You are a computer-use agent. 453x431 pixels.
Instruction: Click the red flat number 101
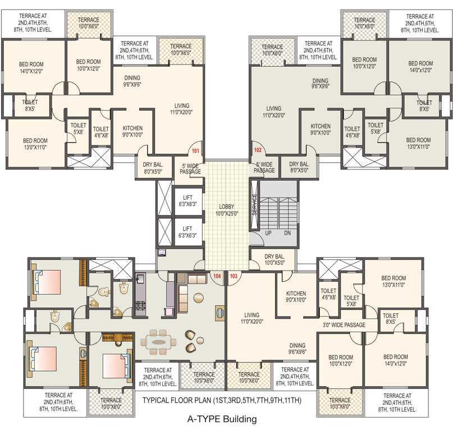(195, 151)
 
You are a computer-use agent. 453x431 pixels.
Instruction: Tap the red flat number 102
(258, 150)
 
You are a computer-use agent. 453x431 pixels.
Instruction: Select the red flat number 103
(234, 276)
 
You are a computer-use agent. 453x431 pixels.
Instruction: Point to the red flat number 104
(217, 276)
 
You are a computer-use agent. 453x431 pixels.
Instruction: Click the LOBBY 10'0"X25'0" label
(227, 210)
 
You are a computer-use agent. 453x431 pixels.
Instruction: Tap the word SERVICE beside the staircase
(254, 204)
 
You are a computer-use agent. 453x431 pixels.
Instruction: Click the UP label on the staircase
(268, 233)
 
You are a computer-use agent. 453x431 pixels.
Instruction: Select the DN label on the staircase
(287, 233)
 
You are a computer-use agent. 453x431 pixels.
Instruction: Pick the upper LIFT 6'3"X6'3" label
(188, 201)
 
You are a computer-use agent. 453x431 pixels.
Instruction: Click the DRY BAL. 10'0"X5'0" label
(274, 260)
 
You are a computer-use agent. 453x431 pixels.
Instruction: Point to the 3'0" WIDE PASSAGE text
(344, 325)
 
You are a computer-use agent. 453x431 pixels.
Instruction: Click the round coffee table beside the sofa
(199, 297)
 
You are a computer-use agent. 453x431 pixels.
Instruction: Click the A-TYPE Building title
(222, 419)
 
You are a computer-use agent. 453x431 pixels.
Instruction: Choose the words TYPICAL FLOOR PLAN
(176, 400)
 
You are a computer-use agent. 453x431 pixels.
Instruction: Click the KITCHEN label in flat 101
(132, 128)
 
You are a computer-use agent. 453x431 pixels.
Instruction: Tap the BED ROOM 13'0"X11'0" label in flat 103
(393, 281)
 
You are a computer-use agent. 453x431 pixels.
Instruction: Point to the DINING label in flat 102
(321, 81)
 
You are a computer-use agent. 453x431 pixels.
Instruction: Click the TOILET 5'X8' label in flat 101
(79, 129)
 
